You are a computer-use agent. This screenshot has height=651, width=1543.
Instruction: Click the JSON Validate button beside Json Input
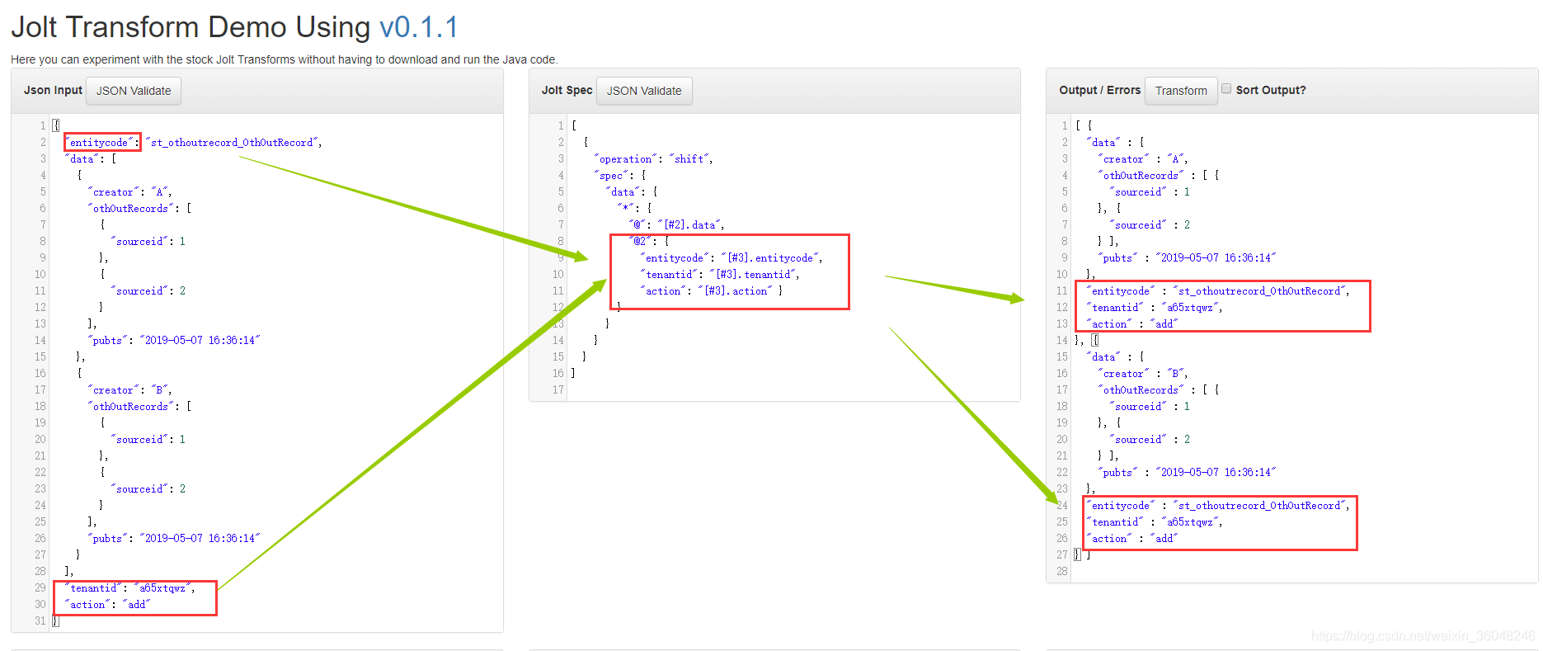point(134,91)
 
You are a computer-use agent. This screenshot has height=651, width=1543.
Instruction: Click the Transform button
point(1181,91)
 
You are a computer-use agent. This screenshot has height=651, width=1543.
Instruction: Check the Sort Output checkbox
point(1226,89)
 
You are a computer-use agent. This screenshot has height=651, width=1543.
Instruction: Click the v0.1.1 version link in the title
point(419,27)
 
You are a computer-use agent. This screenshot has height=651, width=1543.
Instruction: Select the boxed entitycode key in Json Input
point(99,143)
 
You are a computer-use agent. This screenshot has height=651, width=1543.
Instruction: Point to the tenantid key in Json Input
point(93,588)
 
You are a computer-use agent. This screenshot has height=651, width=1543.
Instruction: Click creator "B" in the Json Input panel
point(129,390)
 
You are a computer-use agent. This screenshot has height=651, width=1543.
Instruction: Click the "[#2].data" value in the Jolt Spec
point(691,225)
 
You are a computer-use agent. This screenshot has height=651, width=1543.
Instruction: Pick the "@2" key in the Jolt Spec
point(640,242)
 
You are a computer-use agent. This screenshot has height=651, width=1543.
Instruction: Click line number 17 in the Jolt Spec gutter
point(558,390)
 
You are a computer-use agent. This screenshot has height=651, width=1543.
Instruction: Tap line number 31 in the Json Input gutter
point(40,621)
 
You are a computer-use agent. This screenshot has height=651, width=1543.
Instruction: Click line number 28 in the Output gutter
point(1061,572)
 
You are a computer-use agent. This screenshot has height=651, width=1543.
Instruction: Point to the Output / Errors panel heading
point(1099,90)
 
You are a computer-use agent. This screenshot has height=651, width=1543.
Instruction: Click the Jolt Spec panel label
point(567,90)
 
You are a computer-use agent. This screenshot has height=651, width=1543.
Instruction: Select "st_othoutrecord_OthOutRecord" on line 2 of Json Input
point(234,143)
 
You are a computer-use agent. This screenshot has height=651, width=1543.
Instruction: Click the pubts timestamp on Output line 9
point(1216,258)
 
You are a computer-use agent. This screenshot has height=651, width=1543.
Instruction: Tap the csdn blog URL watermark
point(1423,636)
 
